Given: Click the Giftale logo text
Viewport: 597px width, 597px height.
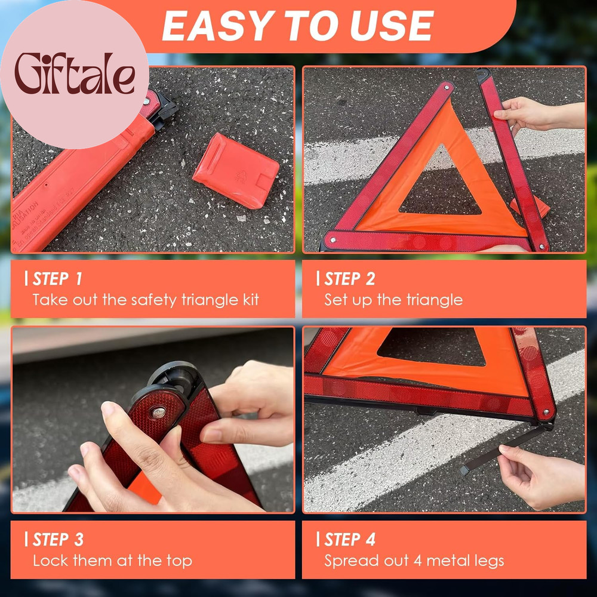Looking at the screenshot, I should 75,74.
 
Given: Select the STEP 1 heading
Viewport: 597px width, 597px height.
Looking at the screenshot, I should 57,279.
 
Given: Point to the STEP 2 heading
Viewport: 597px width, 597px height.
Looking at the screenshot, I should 349,279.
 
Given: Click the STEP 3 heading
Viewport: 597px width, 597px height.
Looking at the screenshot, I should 57,540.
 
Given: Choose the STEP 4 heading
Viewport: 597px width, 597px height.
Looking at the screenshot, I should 349,540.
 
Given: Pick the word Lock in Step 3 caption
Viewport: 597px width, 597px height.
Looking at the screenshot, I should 48,561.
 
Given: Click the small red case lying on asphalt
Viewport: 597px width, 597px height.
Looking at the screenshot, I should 235,170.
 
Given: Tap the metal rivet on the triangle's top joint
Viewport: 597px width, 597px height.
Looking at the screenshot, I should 158,412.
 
